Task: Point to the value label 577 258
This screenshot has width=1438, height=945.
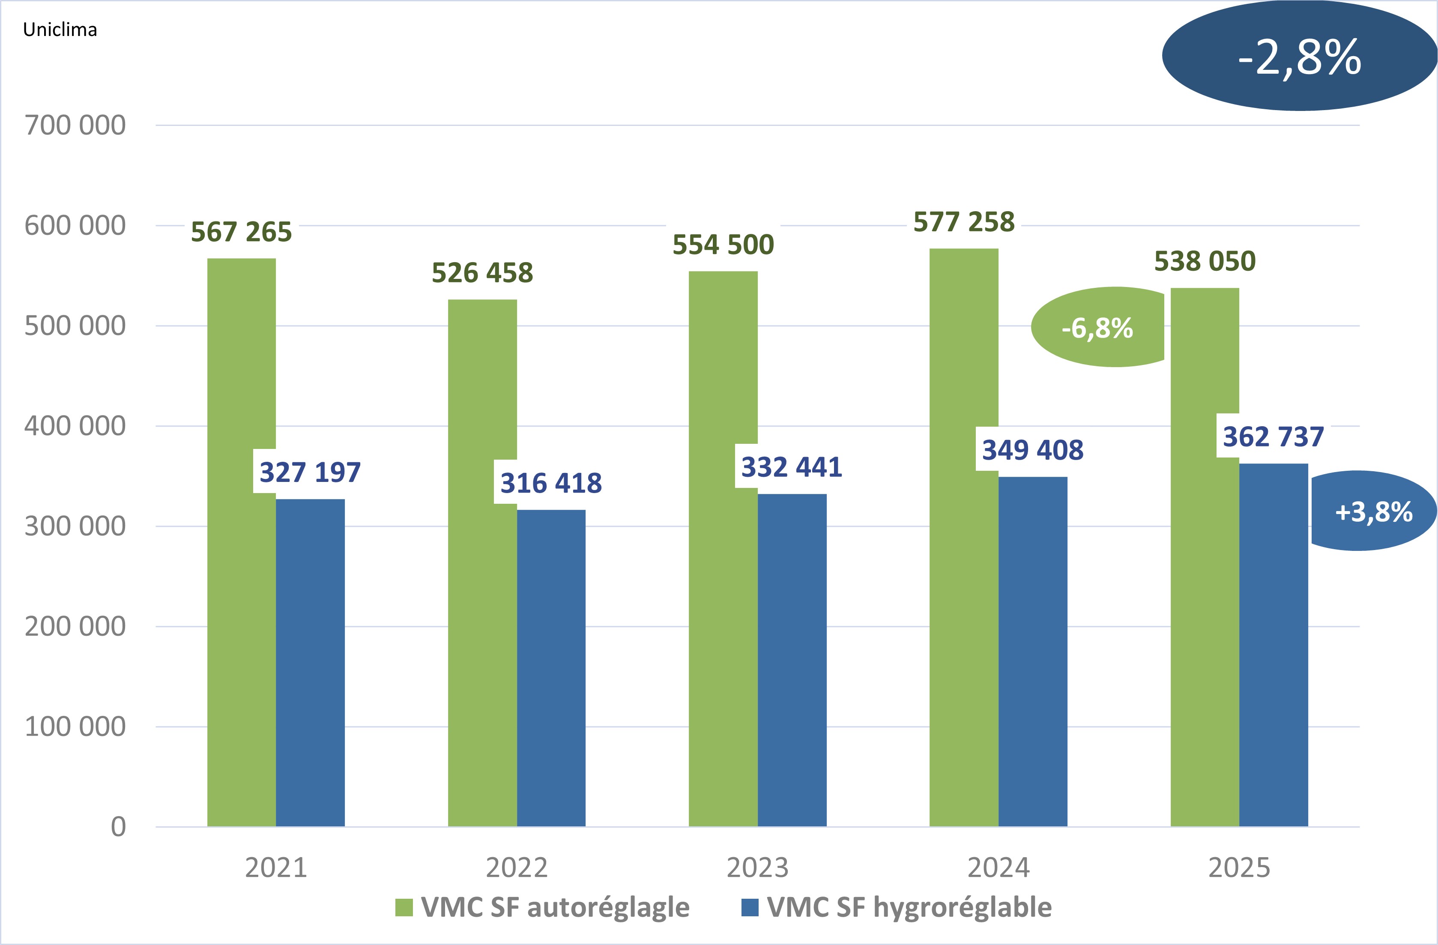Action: [x=964, y=222]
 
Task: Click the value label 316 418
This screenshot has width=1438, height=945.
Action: [x=551, y=483]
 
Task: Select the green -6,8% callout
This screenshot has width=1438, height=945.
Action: [x=1097, y=327]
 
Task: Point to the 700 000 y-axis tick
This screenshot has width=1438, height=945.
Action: [x=75, y=126]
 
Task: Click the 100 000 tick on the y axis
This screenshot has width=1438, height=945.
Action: [x=75, y=726]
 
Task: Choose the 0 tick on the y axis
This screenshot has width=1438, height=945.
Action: [x=118, y=827]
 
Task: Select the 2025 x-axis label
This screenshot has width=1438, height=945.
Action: [x=1239, y=867]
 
